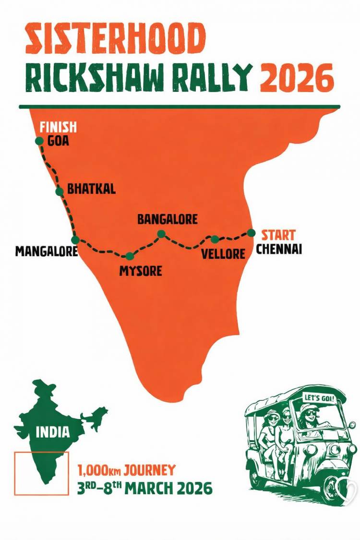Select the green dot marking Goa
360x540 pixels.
click(x=39, y=141)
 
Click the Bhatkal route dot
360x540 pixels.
click(x=60, y=192)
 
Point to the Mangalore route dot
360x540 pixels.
click(x=75, y=240)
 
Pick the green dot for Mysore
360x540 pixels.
click(x=129, y=256)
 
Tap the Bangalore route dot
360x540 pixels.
click(x=162, y=234)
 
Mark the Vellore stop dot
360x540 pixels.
click(x=215, y=239)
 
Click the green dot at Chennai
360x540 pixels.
click(x=251, y=233)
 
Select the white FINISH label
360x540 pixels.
click(x=58, y=128)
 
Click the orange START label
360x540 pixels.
click(x=278, y=235)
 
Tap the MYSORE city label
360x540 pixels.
click(x=141, y=271)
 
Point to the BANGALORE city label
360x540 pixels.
click(x=168, y=219)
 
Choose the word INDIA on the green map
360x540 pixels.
click(x=53, y=432)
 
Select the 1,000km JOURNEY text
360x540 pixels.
click(x=126, y=470)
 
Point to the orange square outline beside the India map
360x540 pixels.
click(x=41, y=473)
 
